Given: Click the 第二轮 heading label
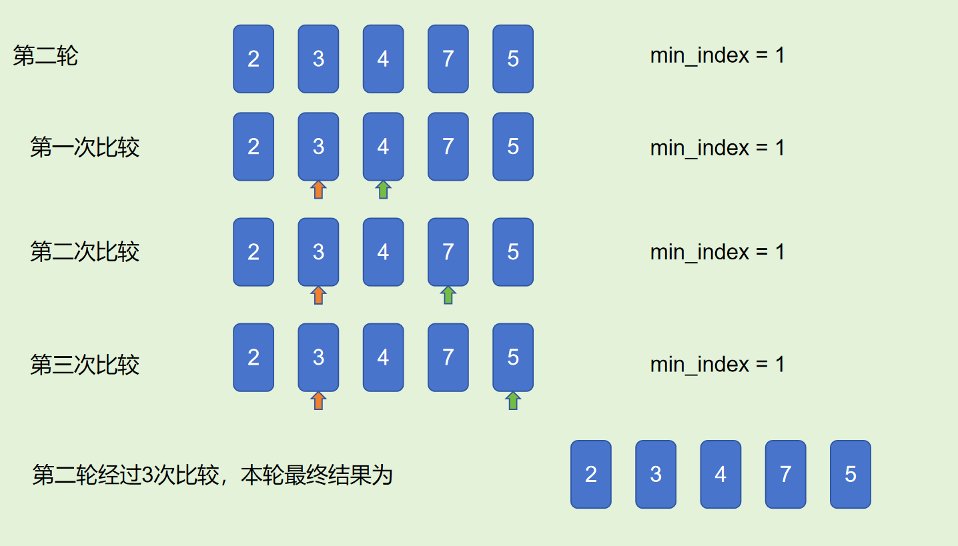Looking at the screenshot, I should (x=45, y=56).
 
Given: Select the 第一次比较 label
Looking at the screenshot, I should (x=85, y=147).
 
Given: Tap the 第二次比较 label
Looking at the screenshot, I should (x=85, y=252).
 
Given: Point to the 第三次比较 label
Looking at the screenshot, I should (x=85, y=365).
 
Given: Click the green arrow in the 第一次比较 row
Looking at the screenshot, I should (x=383, y=190).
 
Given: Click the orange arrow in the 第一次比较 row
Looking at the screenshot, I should (x=318, y=190).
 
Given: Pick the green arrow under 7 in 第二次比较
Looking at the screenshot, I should (x=448, y=295).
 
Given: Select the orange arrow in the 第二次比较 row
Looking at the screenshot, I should (x=318, y=295).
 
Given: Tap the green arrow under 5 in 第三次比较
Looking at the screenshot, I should (x=512, y=400).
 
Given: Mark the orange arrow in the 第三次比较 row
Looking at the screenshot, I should (x=318, y=400).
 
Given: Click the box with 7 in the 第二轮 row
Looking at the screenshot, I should (x=448, y=59).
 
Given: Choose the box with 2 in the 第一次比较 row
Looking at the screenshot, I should (x=254, y=147).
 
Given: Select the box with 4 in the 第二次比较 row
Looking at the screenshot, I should (x=383, y=252).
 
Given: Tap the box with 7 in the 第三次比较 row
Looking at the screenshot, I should (x=448, y=357).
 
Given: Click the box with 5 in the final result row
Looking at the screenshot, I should (x=851, y=474).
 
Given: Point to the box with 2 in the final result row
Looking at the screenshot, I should (x=591, y=474).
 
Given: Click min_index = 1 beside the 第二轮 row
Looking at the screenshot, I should (x=717, y=55).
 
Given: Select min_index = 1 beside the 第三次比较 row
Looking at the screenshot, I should (x=717, y=365).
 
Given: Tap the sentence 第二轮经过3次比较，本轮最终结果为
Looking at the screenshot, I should (x=212, y=475).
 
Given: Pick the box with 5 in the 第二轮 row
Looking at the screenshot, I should (x=513, y=59).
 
